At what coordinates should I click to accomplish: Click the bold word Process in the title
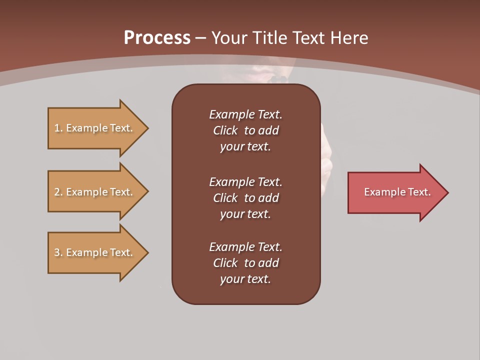tap(157, 38)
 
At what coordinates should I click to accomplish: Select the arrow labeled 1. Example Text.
tap(95, 128)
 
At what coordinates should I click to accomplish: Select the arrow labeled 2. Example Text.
tap(95, 192)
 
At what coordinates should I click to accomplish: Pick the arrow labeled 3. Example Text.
tap(95, 252)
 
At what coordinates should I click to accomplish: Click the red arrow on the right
tap(395, 192)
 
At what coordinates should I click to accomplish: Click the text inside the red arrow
tap(397, 192)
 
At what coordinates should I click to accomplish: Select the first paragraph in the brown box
tap(245, 130)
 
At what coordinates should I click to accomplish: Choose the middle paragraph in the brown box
tap(245, 198)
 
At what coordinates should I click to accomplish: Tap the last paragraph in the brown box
tap(245, 263)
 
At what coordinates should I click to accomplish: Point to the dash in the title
tap(200, 38)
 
